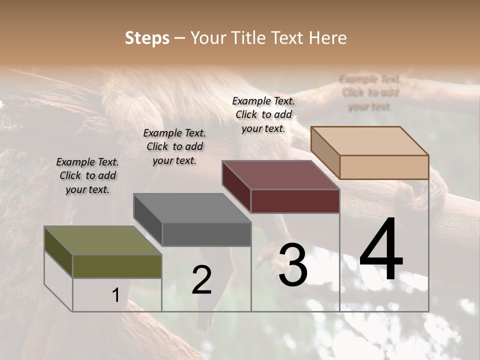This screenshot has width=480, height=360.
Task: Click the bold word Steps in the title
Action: click(x=147, y=38)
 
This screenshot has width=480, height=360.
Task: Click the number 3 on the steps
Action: click(x=292, y=265)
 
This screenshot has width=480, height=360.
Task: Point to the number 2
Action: click(x=201, y=280)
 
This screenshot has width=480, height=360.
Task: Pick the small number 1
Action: click(x=115, y=295)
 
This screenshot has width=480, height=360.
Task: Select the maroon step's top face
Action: click(x=280, y=175)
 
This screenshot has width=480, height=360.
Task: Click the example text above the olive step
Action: click(x=87, y=175)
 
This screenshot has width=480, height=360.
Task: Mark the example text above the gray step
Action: click(x=174, y=146)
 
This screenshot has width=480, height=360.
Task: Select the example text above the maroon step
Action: click(x=263, y=114)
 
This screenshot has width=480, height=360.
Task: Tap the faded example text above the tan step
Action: click(x=370, y=92)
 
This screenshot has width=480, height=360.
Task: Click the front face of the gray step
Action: click(x=206, y=234)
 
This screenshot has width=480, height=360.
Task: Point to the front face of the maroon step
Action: click(x=295, y=201)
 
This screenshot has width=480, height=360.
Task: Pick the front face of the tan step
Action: click(x=384, y=167)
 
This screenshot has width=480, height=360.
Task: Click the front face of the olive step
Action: click(x=117, y=266)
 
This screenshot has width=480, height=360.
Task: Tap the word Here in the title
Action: click(x=328, y=38)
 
